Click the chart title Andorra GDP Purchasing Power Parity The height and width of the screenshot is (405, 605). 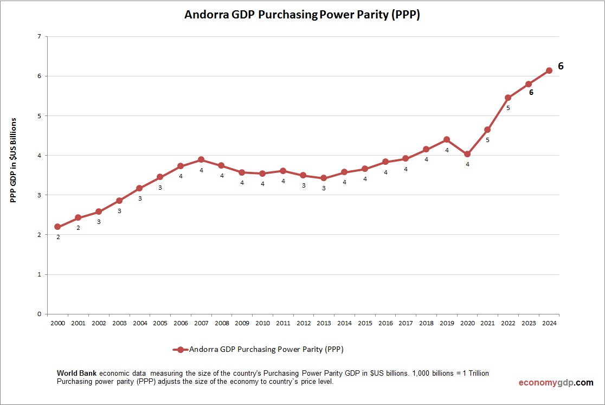pyautogui.click(x=302, y=15)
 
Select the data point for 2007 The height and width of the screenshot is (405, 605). pyautogui.click(x=201, y=160)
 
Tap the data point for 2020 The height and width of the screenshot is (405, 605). pyautogui.click(x=467, y=154)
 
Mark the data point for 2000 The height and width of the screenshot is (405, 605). pyautogui.click(x=57, y=227)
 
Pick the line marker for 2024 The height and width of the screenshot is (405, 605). pyautogui.click(x=549, y=70)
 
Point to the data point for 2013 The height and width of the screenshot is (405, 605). pyautogui.click(x=324, y=178)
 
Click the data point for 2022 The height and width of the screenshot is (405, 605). pyautogui.click(x=508, y=98)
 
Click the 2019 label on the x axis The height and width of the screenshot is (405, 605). pyautogui.click(x=447, y=324)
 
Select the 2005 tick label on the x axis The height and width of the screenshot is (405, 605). pyautogui.click(x=160, y=324)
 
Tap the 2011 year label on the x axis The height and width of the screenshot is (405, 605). pyautogui.click(x=283, y=324)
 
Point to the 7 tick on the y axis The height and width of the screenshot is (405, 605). pyautogui.click(x=39, y=37)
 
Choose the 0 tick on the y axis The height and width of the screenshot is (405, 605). pyautogui.click(x=39, y=314)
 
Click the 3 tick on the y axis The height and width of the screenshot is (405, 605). pyautogui.click(x=39, y=195)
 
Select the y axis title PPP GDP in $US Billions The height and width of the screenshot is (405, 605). pyautogui.click(x=13, y=160)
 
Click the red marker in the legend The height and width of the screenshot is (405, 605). pyautogui.click(x=181, y=350)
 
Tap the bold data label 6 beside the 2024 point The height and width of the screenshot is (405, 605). pyautogui.click(x=561, y=66)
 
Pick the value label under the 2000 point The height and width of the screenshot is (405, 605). pyautogui.click(x=57, y=237)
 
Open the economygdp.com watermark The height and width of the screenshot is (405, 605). pyautogui.click(x=556, y=383)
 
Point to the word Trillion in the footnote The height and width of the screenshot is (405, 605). pyautogui.click(x=477, y=374)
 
